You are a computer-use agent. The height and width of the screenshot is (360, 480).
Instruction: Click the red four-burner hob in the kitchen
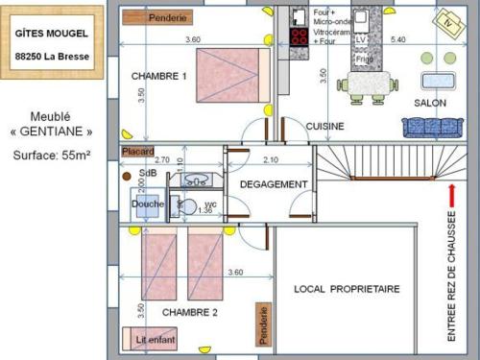click(x=299, y=36)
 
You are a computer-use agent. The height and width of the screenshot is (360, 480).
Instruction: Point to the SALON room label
click(x=430, y=103)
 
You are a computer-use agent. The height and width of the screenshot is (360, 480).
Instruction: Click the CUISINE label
click(x=325, y=126)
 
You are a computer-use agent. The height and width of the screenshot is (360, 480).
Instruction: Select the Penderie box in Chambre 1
click(x=157, y=17)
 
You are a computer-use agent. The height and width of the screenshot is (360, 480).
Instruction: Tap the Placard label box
click(x=137, y=151)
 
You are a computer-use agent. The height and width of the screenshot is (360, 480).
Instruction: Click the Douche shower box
click(x=148, y=204)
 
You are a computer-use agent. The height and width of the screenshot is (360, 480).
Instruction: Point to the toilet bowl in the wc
click(x=189, y=204)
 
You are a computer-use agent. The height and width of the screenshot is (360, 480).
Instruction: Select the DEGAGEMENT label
click(x=274, y=183)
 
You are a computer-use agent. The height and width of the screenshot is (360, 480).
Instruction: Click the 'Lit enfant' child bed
click(x=148, y=338)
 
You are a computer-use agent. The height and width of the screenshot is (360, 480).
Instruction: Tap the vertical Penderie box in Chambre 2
click(x=262, y=324)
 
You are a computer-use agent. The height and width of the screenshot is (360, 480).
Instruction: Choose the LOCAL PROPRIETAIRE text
click(x=347, y=288)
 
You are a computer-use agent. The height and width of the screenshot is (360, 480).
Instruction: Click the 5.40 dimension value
click(x=399, y=39)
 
